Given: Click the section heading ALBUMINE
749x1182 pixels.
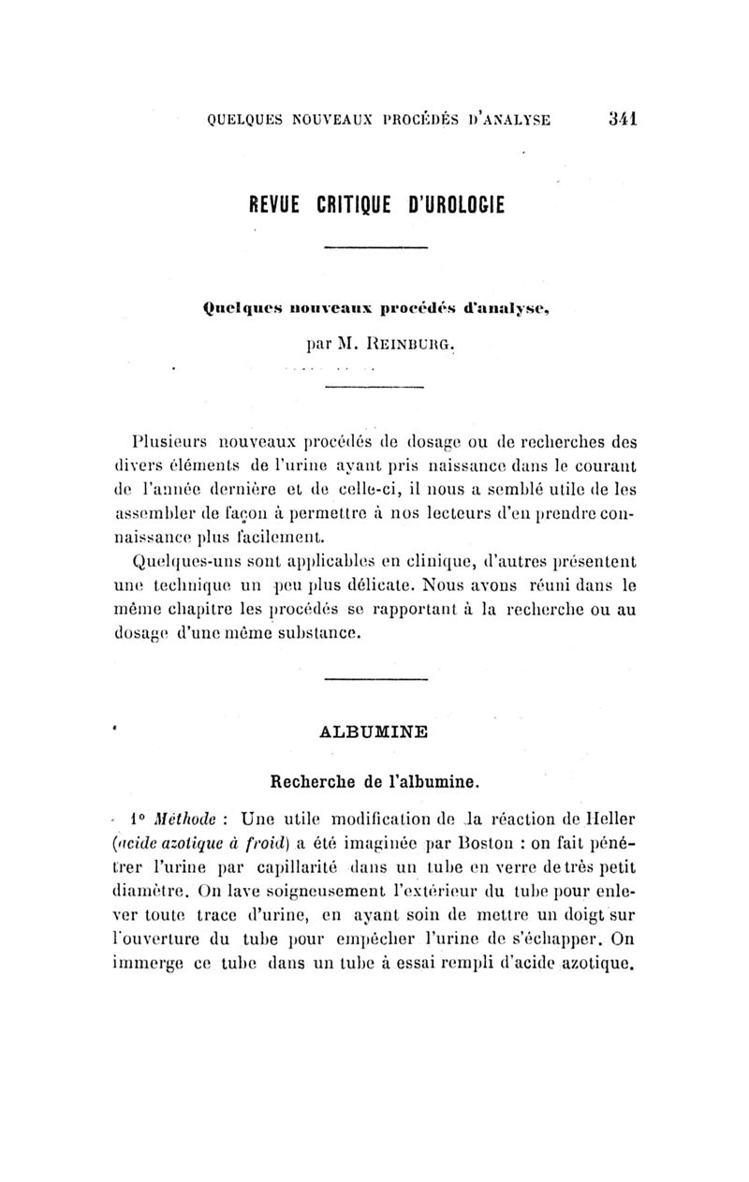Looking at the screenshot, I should (374, 731).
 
